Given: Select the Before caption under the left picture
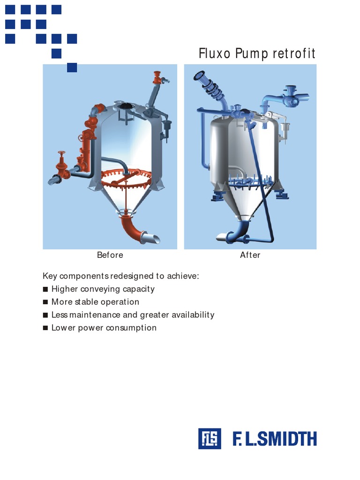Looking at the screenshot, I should (110, 255).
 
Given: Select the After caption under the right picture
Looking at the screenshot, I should (250, 255).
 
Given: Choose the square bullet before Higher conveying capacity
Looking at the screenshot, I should (45, 289).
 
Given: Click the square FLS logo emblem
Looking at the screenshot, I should (210, 439).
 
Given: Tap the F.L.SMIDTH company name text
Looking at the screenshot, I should (275, 439).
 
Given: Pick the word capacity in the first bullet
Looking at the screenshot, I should (138, 289).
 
